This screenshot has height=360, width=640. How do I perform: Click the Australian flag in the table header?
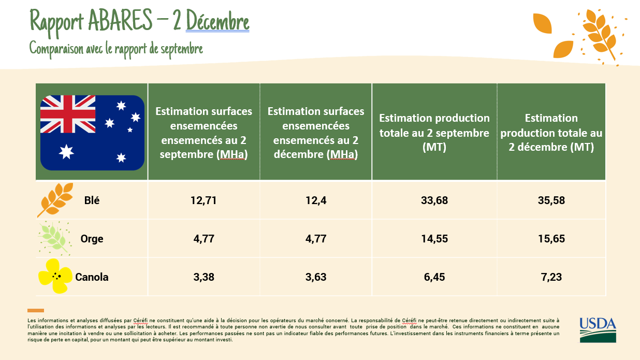point(92,133)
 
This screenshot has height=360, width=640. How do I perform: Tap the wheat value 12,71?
point(203,200)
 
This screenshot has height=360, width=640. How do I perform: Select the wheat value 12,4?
point(316,200)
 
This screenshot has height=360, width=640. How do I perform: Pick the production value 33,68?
point(434,200)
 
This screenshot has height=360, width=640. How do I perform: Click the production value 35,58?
point(551,200)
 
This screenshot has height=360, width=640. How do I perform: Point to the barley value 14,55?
point(434,239)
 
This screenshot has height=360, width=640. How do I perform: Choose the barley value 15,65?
point(551,239)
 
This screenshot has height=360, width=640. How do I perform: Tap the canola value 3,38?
point(203,277)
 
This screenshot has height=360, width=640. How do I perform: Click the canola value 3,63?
point(316,277)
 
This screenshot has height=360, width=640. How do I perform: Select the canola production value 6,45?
point(434,277)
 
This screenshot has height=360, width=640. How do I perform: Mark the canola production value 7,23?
point(551,277)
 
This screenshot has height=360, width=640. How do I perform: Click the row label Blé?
point(92,200)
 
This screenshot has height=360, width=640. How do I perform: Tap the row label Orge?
point(92,239)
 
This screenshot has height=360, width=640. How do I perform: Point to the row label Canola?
point(92,277)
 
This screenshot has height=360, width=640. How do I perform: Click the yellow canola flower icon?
point(55,276)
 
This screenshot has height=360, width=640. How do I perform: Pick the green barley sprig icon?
point(54,238)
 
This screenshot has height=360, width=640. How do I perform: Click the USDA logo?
point(598,330)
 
